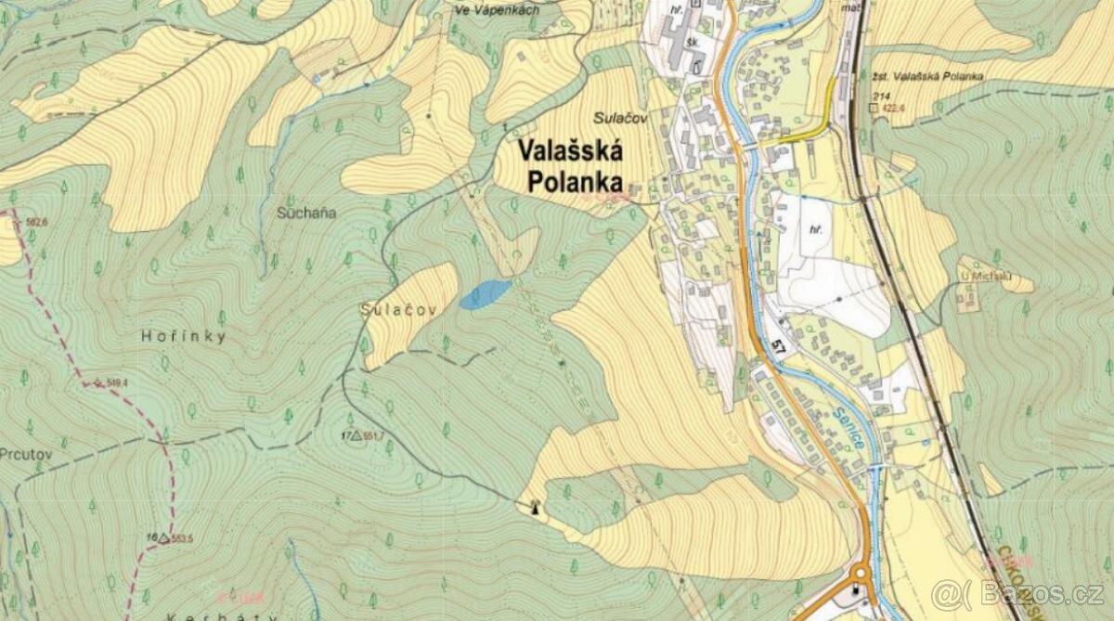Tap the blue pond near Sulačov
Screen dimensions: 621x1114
[x=486, y=294]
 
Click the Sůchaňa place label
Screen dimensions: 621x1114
[x=306, y=213]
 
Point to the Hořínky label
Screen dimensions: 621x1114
[x=185, y=337]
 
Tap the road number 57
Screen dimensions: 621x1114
[x=778, y=348]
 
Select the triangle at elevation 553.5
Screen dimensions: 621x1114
[x=164, y=537]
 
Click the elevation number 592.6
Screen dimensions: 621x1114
[x=37, y=222]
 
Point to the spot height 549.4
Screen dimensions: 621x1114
[x=116, y=382]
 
